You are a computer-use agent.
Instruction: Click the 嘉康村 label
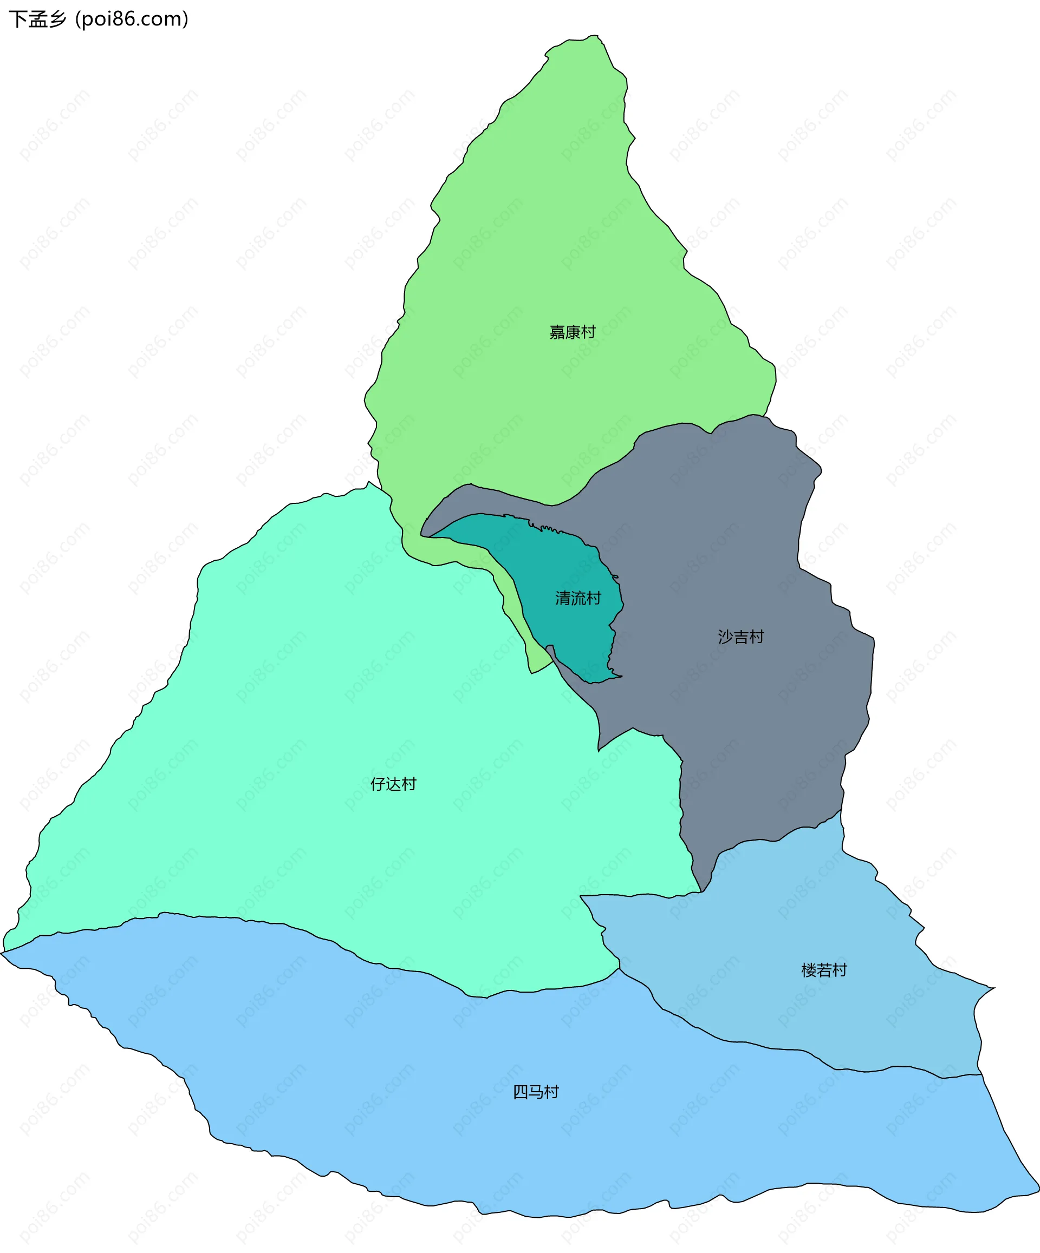click(x=573, y=332)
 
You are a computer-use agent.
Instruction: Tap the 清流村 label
click(x=578, y=599)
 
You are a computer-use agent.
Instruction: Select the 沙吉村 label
click(x=741, y=637)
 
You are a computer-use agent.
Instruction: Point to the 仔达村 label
click(x=393, y=784)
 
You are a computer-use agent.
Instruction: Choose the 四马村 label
click(x=536, y=1092)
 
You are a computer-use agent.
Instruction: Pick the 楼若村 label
click(x=824, y=970)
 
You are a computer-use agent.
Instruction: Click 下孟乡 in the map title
click(x=37, y=19)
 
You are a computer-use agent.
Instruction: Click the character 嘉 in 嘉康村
click(x=557, y=332)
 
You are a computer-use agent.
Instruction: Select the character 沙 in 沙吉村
click(x=725, y=637)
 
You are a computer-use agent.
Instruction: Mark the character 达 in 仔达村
click(x=393, y=784)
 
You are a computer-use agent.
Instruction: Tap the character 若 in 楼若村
click(x=824, y=970)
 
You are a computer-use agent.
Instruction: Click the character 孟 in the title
click(x=37, y=19)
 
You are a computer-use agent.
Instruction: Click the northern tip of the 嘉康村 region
click(x=592, y=36)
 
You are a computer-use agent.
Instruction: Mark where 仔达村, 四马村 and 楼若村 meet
click(x=619, y=968)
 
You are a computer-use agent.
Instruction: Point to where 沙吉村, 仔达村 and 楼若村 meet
click(x=701, y=892)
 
